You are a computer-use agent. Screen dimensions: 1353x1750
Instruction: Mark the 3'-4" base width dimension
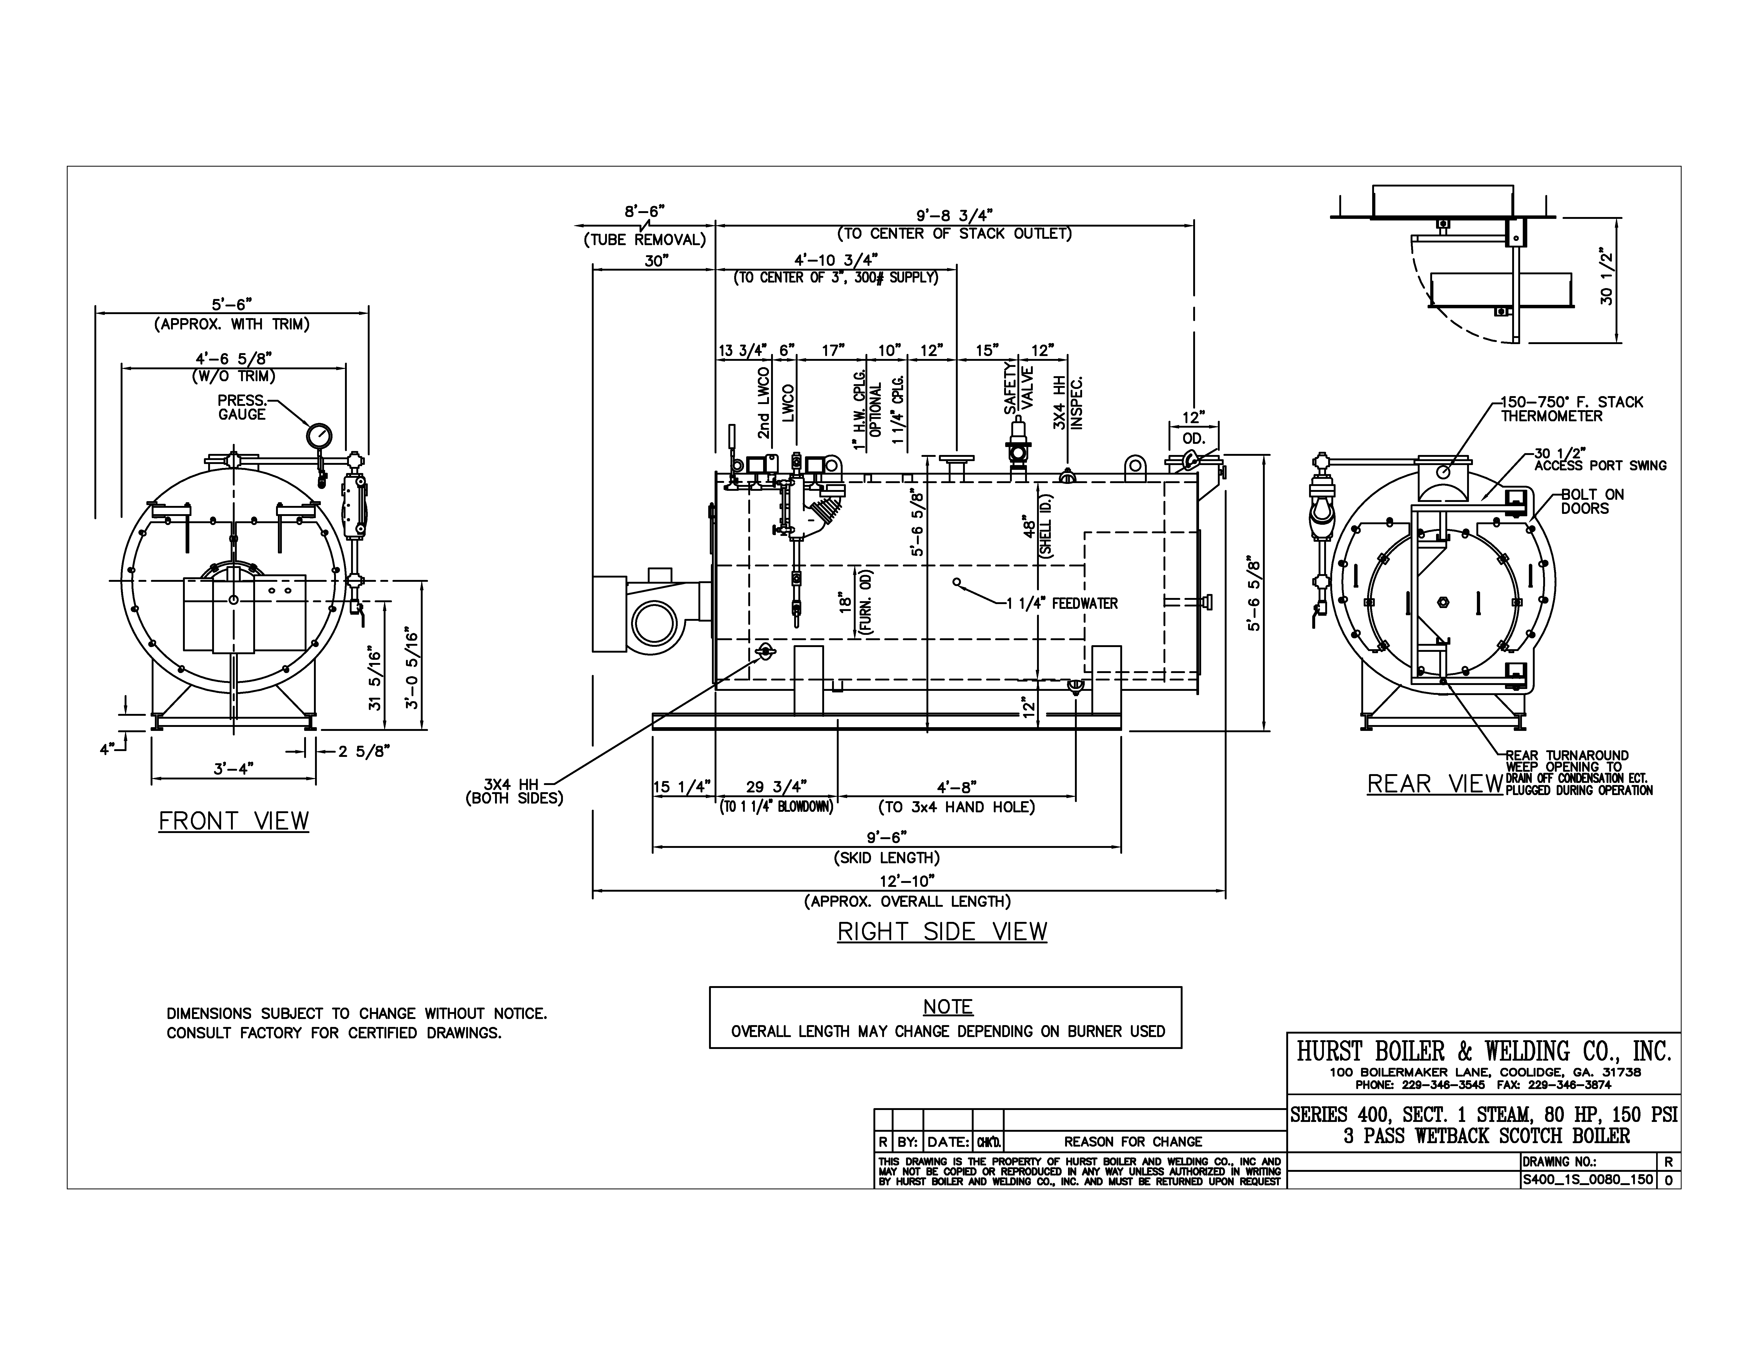(x=233, y=768)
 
